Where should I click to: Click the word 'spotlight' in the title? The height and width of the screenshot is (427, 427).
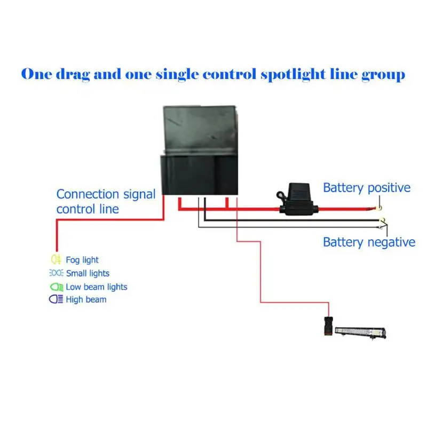293,75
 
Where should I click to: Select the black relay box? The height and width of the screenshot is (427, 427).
199,150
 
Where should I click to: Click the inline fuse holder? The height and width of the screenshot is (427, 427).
297,199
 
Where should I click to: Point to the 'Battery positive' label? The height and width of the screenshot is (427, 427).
367,188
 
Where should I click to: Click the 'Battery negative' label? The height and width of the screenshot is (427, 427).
369,242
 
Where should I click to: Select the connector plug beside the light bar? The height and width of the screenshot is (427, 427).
328,326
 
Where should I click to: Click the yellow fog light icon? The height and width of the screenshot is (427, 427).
56,259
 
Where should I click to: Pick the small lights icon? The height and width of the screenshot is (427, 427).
56,273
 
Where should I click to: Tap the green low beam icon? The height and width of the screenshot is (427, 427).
57,287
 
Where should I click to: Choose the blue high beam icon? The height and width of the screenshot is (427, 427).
56,299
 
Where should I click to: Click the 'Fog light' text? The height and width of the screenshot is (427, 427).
82,260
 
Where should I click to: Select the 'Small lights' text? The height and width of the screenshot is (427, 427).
88,273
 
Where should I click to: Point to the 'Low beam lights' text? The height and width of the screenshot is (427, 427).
97,287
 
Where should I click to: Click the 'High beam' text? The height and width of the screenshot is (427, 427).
86,299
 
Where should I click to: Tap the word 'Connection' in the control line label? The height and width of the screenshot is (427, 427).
88,194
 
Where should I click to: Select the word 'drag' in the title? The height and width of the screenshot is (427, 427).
73,75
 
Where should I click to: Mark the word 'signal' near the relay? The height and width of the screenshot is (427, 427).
139,195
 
